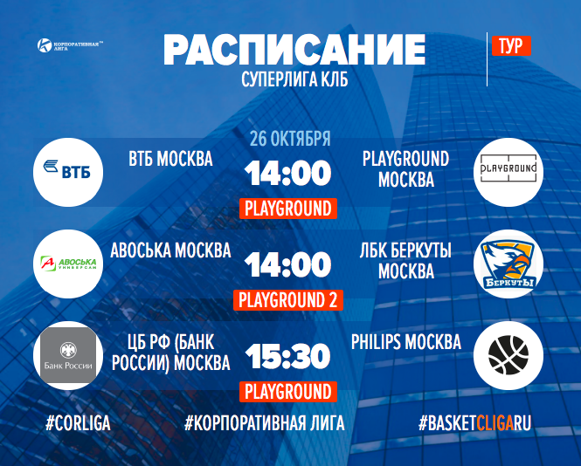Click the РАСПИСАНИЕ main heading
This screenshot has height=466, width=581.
coord(294,50)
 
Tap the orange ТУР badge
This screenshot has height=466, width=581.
coord(511,46)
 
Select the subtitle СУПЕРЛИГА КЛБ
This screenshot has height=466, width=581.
coord(294,79)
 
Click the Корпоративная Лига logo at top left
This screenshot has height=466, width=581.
coord(70,45)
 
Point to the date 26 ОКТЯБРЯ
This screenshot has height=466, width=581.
coord(290,139)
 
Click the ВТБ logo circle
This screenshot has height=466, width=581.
coord(68,172)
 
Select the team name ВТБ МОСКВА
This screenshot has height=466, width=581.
coord(171,159)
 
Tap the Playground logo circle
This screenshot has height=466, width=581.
coord(508,172)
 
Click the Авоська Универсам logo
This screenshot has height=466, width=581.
coord(68,264)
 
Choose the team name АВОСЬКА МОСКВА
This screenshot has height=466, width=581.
coord(171,250)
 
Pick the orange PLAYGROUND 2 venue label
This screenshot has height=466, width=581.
coord(288,300)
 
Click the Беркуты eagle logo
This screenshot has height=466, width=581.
coord(508,264)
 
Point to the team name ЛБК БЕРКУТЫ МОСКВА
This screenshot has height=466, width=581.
coord(405,261)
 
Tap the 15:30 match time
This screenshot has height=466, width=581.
coord(288,356)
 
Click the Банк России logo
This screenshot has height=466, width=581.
coord(68,355)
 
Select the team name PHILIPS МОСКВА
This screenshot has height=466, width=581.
coord(406,342)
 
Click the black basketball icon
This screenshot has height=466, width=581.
coord(508,355)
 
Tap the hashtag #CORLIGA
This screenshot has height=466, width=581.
coord(78,423)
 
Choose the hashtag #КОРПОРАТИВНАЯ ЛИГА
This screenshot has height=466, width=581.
coord(265,423)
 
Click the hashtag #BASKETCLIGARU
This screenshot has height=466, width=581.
coord(475,423)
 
